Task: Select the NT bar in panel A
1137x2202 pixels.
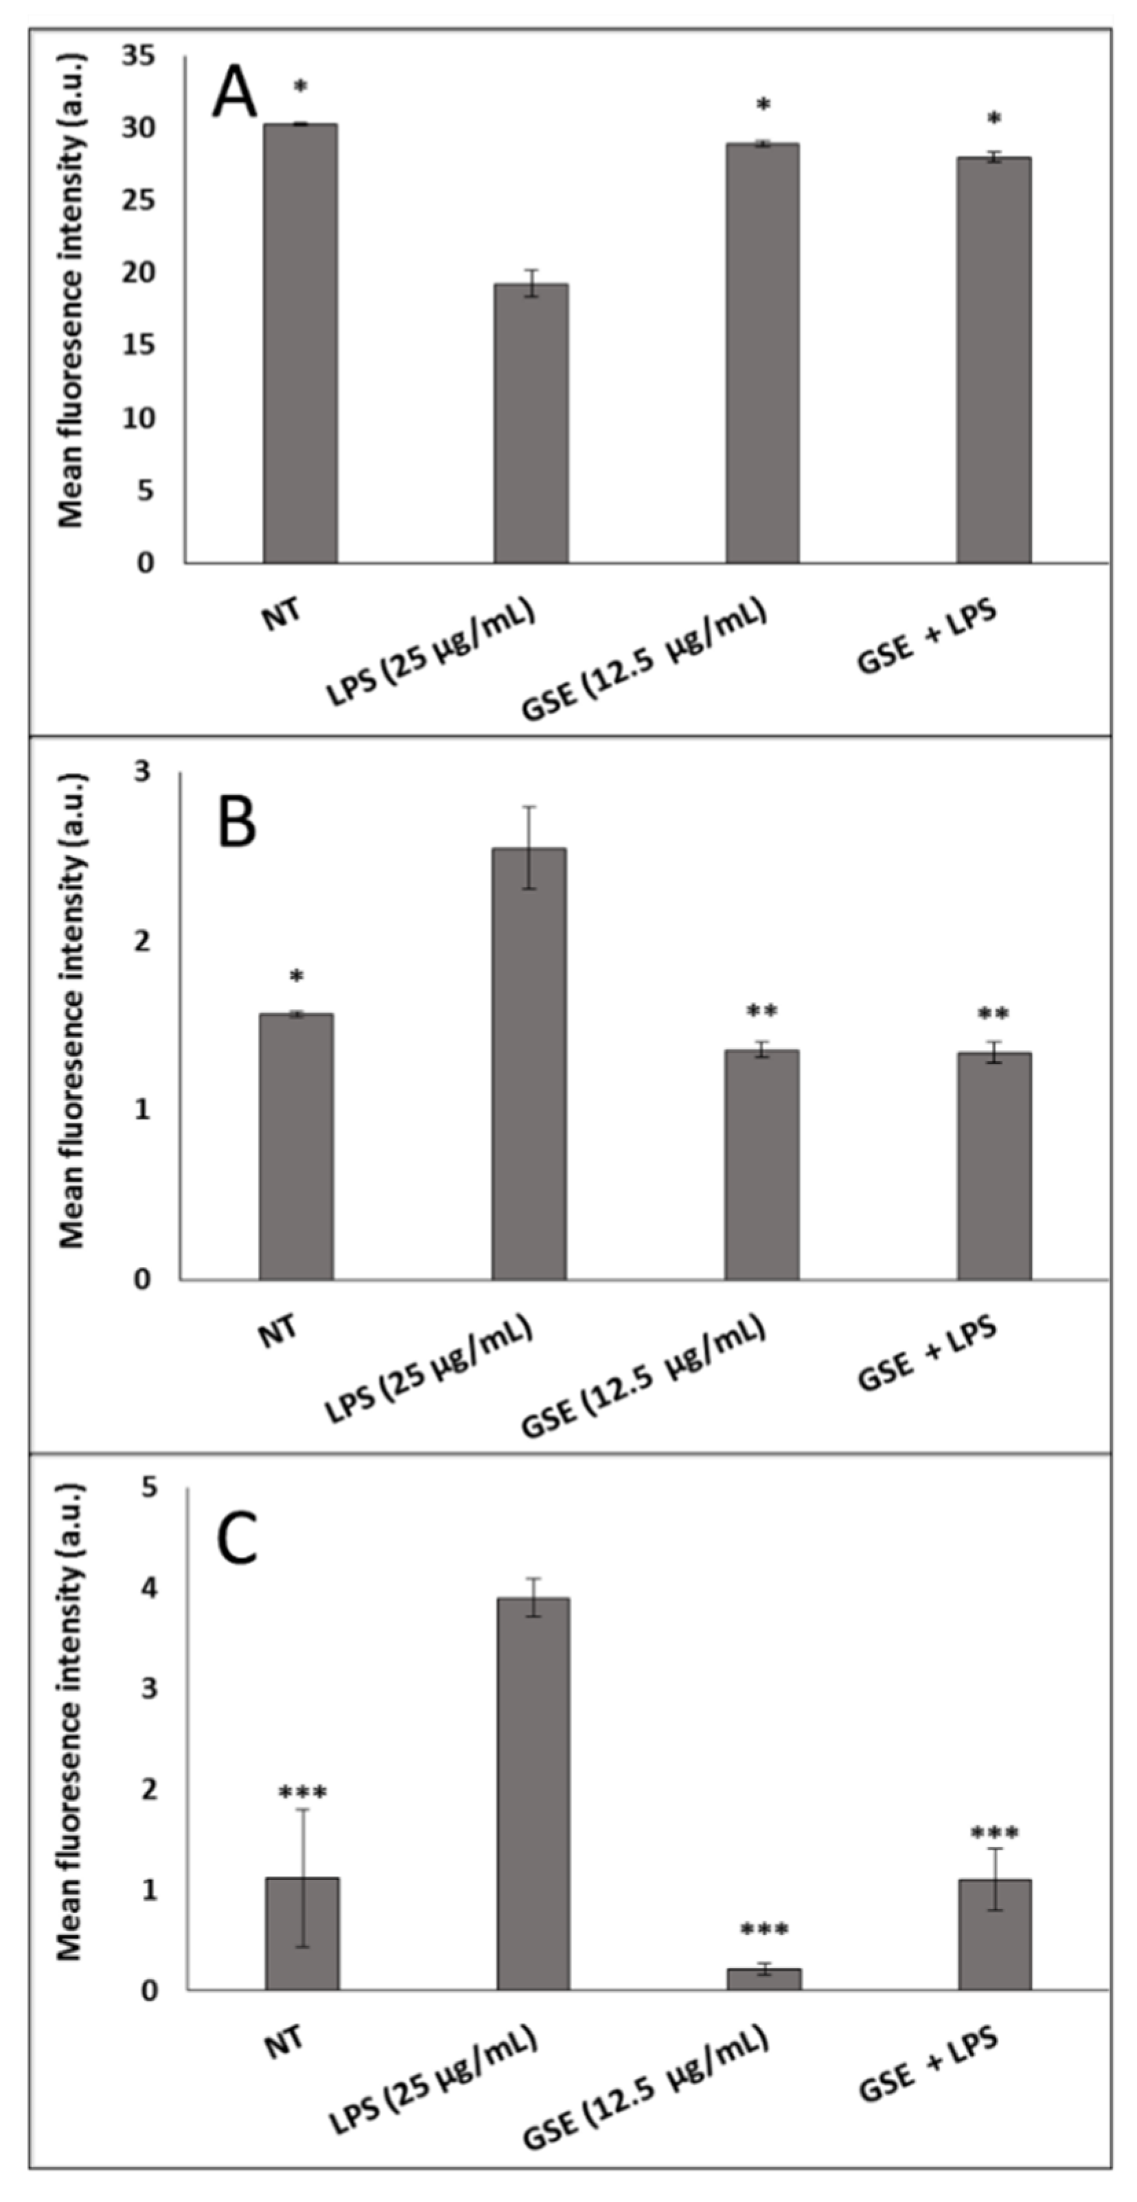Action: (x=299, y=342)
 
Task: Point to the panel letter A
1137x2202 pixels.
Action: (x=234, y=94)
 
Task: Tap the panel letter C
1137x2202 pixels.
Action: (x=237, y=1539)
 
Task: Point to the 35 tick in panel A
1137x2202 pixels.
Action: (x=139, y=56)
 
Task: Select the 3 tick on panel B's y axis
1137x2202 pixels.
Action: (x=142, y=771)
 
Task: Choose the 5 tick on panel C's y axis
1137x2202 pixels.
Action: (x=150, y=1488)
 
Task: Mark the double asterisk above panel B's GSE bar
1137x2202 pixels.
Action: (x=761, y=1012)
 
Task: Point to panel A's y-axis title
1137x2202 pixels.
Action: (x=72, y=290)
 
